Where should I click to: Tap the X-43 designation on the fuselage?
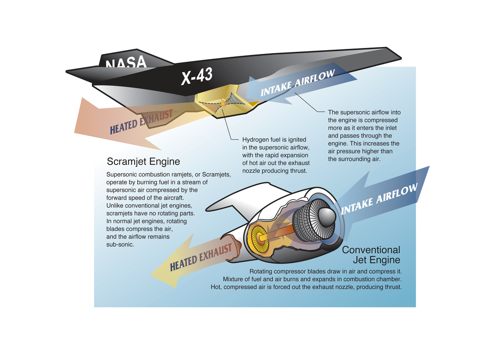coord(197,76)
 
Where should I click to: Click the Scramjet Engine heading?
coord(143,161)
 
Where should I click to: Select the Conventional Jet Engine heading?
coord(371,255)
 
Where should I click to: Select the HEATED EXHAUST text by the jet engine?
coord(201,257)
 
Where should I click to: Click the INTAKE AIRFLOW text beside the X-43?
coord(297,83)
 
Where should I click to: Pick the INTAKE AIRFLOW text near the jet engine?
coord(379,199)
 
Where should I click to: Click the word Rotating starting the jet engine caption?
coord(261,271)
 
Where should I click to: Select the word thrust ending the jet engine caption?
coord(394,287)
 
